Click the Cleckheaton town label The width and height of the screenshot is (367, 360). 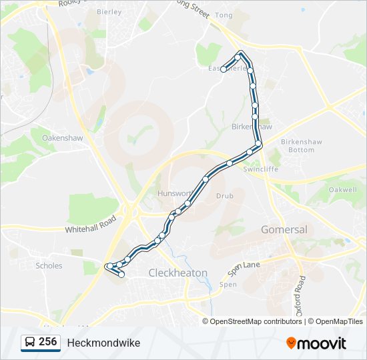[178, 273]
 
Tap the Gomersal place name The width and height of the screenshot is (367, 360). [285, 229]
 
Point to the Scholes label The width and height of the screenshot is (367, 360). [49, 265]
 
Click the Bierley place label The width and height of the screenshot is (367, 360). [109, 12]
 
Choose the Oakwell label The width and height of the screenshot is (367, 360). [343, 190]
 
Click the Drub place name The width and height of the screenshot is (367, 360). [224, 196]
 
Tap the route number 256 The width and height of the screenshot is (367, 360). [47, 342]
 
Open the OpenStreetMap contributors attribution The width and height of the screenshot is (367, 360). [256, 321]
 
